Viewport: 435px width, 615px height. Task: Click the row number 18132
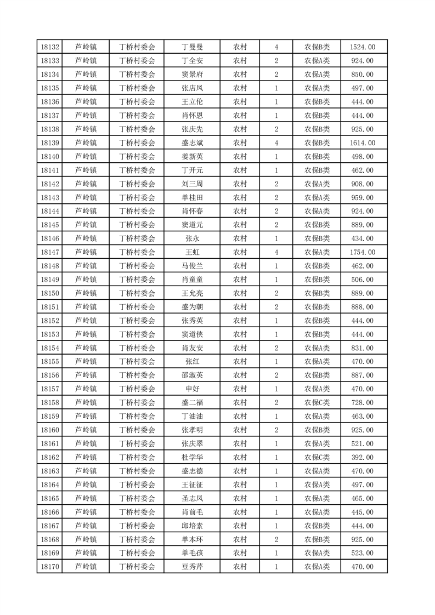[50, 47]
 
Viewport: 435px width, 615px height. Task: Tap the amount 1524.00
[363, 47]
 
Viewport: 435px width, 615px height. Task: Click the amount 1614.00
[363, 143]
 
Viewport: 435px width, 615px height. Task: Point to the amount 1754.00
[363, 252]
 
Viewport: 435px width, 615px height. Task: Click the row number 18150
[50, 293]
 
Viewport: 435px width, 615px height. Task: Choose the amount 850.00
[363, 75]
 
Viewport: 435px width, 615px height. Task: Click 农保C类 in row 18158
[317, 402]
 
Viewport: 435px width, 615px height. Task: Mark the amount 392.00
[363, 457]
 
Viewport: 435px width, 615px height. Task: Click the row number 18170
[50, 567]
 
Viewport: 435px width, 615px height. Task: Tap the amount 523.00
[363, 553]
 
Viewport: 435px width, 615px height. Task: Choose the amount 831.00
[363, 348]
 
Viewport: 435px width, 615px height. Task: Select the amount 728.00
[363, 402]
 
